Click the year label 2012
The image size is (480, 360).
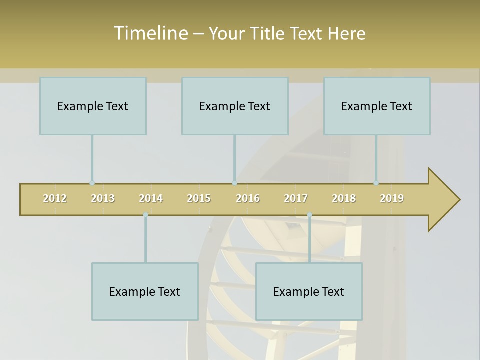[x=55, y=198]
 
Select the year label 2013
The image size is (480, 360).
[x=103, y=198]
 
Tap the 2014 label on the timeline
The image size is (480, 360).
[x=151, y=198]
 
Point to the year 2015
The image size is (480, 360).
[x=199, y=198]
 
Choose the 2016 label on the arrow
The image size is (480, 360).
[x=248, y=198]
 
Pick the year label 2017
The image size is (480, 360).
[x=296, y=198]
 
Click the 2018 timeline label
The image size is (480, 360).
[x=344, y=198]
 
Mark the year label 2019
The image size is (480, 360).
[x=392, y=198]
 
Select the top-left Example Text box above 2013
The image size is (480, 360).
[x=93, y=106]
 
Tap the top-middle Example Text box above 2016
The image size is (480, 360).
[x=235, y=106]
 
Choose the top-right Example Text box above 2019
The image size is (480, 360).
[x=377, y=106]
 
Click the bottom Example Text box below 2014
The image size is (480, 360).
[x=145, y=291]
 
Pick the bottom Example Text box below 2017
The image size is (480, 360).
[x=309, y=291]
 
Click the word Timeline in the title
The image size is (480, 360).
[x=150, y=33]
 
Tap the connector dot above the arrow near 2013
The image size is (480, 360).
[x=92, y=183]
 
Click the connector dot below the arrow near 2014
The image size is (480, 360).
[x=145, y=215]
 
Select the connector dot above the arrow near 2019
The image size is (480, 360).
[x=376, y=183]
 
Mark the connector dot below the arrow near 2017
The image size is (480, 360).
[x=309, y=215]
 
